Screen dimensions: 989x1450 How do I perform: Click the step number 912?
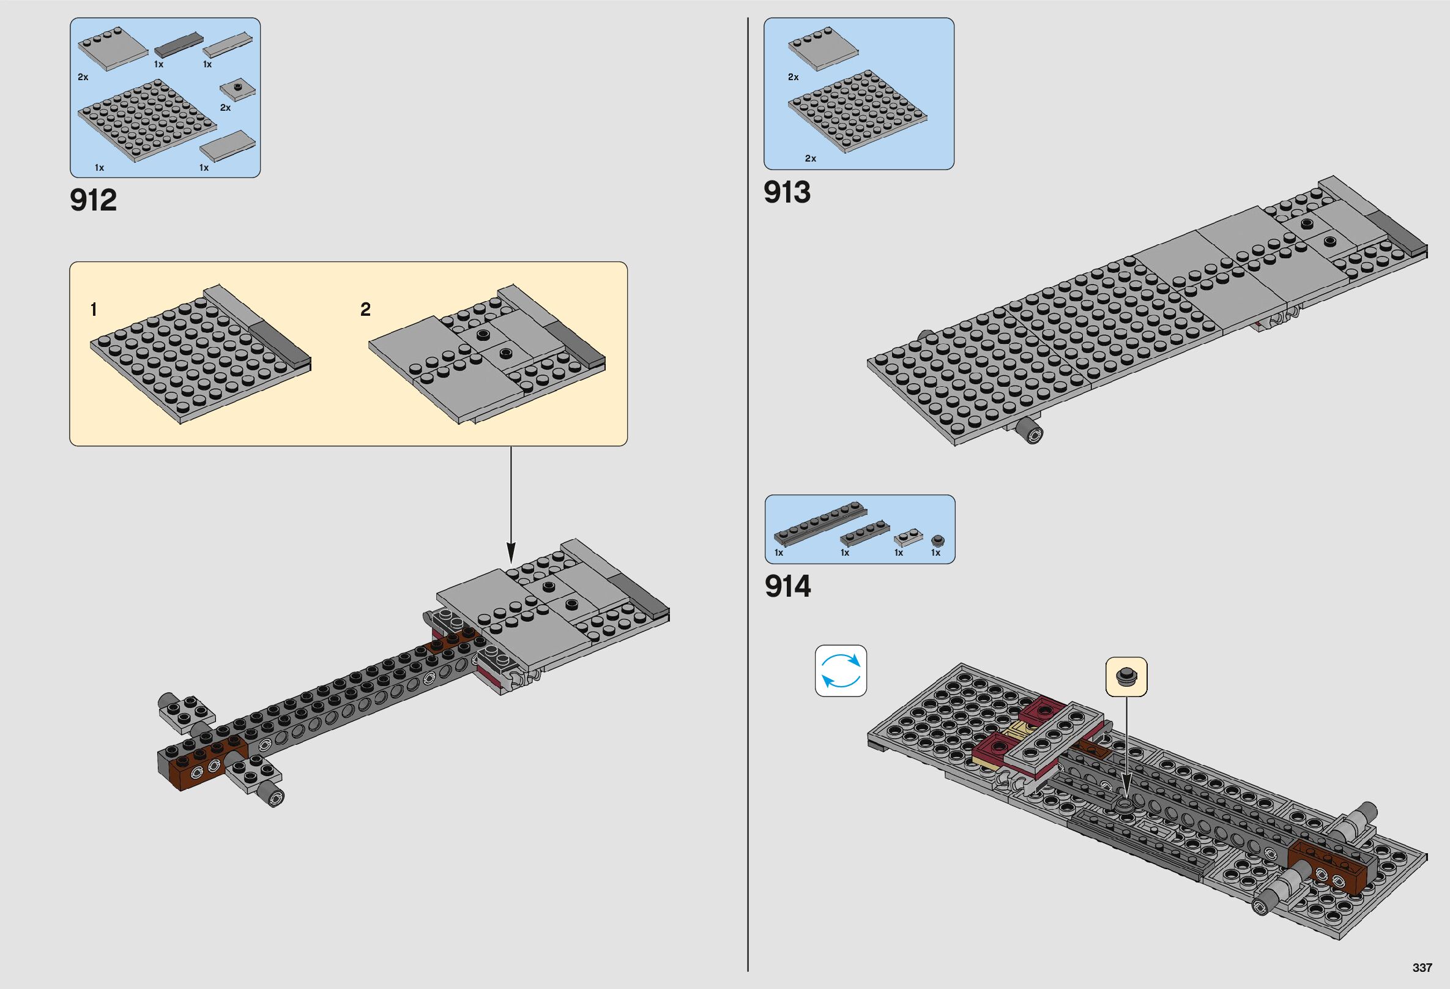(94, 200)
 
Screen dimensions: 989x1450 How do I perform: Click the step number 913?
(787, 192)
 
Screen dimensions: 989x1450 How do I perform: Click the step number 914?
(787, 586)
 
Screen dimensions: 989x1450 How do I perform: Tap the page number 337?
(1422, 968)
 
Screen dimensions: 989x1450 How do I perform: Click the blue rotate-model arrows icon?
(841, 671)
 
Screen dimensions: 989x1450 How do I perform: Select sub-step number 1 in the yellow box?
(94, 309)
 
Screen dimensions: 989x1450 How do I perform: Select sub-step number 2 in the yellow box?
(366, 309)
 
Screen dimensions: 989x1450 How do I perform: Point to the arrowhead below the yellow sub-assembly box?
(511, 551)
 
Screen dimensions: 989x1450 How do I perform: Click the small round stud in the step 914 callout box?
(1126, 675)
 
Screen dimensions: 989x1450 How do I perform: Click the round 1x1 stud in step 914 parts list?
(937, 540)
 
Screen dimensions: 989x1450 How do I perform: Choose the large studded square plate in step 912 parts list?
(147, 120)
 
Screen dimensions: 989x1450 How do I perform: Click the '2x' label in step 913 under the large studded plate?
(811, 159)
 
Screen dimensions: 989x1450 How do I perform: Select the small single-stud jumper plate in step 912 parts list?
(239, 89)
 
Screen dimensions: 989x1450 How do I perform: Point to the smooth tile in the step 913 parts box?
(823, 49)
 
